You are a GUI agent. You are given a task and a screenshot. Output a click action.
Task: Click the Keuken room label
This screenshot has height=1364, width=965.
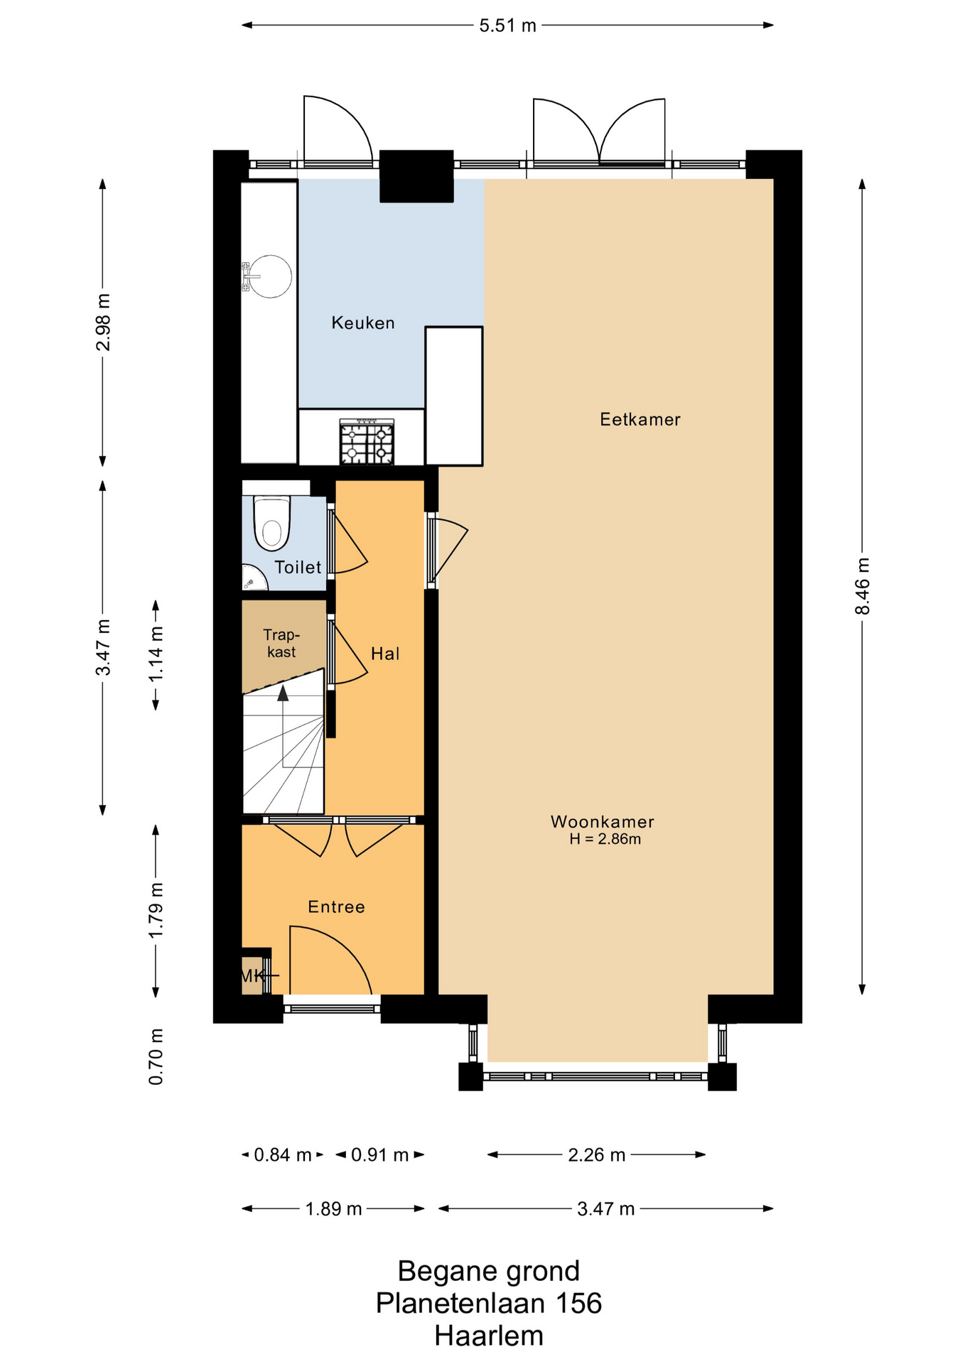coord(363,323)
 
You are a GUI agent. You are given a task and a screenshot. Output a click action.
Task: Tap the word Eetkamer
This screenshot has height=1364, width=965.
coord(640,420)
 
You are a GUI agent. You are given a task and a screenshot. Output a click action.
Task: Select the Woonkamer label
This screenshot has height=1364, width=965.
coord(603,822)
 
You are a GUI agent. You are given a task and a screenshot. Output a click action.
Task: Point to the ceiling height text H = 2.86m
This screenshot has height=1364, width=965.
coord(605,839)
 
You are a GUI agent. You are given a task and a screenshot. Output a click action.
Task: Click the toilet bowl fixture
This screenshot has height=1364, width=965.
coord(272,524)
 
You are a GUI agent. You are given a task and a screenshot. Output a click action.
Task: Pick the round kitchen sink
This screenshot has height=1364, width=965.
coord(269,276)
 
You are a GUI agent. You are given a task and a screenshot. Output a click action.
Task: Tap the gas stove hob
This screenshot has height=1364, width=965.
coord(367,442)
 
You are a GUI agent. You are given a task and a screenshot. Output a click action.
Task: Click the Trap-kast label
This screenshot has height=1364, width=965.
coord(281,644)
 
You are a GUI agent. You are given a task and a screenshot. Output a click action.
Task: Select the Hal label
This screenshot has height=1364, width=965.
coord(385,654)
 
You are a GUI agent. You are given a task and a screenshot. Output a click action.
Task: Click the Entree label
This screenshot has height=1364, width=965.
coord(337,907)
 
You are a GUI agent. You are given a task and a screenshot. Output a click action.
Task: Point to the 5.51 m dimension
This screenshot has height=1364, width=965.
coord(507,26)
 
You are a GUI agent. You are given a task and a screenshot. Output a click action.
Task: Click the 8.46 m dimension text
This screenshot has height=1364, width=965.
coord(862,586)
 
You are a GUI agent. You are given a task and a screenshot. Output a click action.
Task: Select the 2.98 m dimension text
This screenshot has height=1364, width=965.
coord(104,322)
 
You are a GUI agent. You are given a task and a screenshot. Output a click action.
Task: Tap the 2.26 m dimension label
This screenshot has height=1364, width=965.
coord(596,1155)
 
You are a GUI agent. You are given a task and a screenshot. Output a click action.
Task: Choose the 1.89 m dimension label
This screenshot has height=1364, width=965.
coord(333,1209)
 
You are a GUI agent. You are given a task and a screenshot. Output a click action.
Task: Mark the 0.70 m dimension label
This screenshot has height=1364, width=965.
coord(156,1056)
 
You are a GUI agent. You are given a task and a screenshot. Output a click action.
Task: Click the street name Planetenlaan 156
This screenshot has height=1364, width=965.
coord(489,1304)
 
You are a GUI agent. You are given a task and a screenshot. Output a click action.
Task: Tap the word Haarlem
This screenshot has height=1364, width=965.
coord(489,1336)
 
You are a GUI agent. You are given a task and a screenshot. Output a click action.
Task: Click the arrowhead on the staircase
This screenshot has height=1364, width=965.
coord(283,693)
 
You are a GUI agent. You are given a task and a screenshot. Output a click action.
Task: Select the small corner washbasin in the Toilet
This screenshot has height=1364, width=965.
coord(252,578)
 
